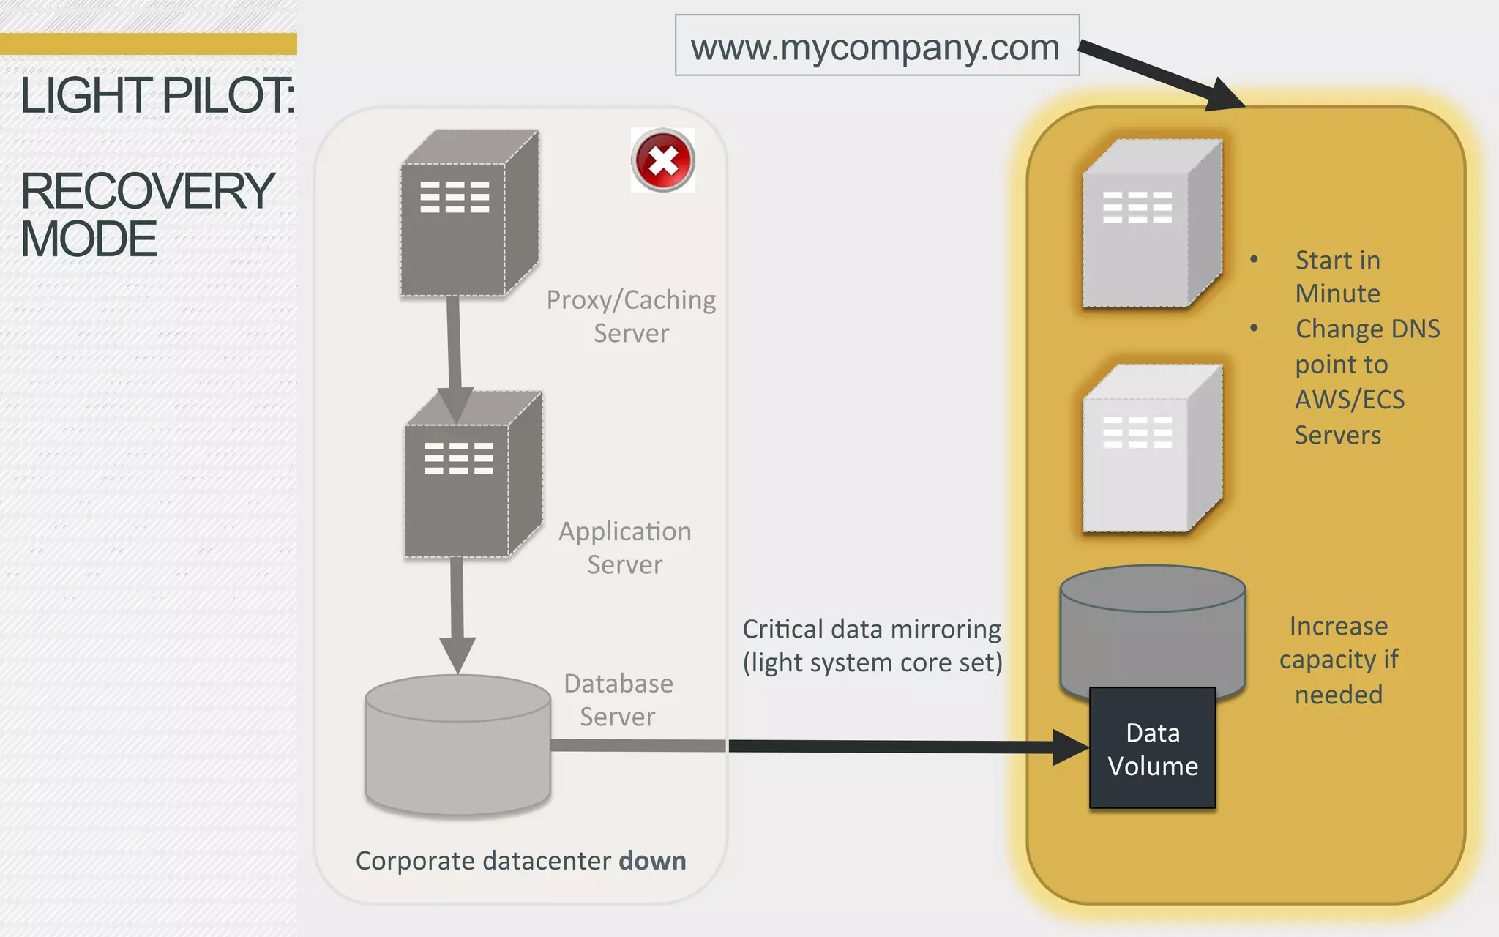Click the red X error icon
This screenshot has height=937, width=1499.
[x=663, y=160]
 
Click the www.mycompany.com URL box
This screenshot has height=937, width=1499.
[x=876, y=46]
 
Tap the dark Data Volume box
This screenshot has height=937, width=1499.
[x=1153, y=749]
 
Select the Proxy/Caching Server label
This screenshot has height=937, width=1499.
[x=631, y=316]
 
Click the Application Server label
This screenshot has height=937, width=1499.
[x=624, y=548]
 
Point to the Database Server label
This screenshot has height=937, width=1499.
[x=618, y=700]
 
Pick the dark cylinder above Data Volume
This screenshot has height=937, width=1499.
[x=1152, y=622]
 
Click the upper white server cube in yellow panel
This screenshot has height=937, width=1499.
[x=1149, y=227]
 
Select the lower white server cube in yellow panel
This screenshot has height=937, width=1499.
[x=1149, y=450]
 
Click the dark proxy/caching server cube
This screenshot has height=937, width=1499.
[x=468, y=216]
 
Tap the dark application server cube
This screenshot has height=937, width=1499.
[x=472, y=476]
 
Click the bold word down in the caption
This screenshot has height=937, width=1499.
[x=652, y=861]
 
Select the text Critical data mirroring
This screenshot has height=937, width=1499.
[x=871, y=630]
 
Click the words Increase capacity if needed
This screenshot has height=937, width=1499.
[x=1338, y=660]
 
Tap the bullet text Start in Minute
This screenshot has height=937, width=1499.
[x=1337, y=277]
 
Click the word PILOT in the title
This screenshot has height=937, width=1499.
[x=227, y=96]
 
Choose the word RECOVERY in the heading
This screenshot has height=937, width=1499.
[x=147, y=191]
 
